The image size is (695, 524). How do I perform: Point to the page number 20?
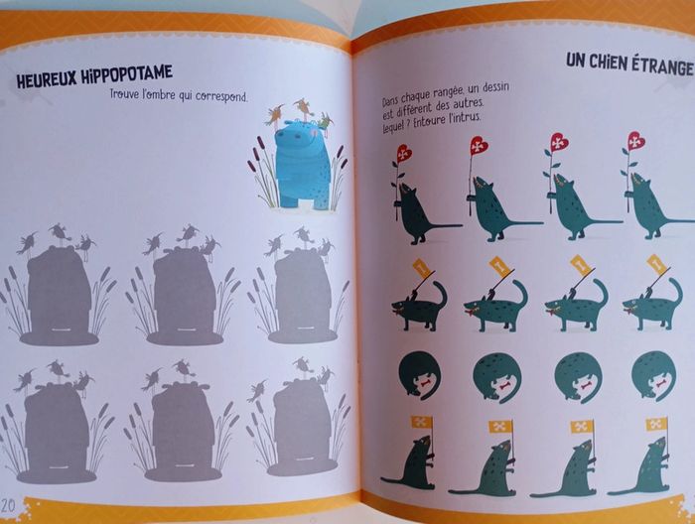coord(8,505)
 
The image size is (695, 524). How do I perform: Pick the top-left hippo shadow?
coord(59,285)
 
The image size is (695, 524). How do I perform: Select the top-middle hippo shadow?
coord(183,285)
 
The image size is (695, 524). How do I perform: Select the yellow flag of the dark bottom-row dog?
coord(421,421)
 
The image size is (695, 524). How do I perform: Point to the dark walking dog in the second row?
coord(419,307)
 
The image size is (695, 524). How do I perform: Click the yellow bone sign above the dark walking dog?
coord(421,268)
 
